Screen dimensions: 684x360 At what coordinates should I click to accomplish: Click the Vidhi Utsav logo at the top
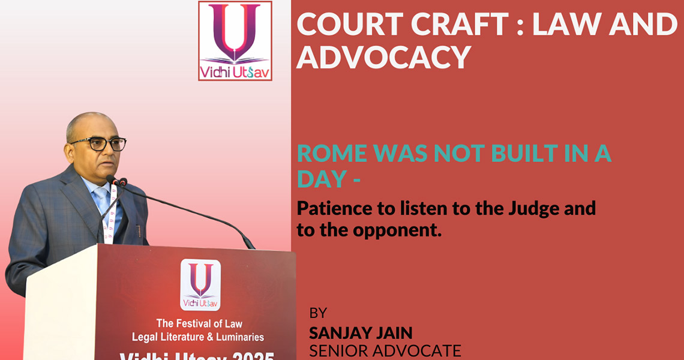pyautogui.click(x=235, y=41)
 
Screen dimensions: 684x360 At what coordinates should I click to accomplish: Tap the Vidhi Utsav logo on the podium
pyautogui.click(x=200, y=284)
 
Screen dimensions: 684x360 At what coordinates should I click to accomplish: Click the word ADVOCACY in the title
pyautogui.click(x=384, y=57)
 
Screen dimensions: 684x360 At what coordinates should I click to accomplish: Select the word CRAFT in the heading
pyautogui.click(x=460, y=24)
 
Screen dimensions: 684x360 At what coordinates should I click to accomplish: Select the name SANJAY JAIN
pyautogui.click(x=361, y=334)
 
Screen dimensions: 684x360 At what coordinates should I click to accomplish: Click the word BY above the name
pyautogui.click(x=318, y=313)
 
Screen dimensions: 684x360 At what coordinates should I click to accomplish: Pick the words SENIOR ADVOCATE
pyautogui.click(x=385, y=351)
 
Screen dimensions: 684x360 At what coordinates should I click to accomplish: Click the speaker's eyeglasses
pyautogui.click(x=100, y=144)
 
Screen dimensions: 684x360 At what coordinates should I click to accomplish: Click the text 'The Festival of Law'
pyautogui.click(x=199, y=323)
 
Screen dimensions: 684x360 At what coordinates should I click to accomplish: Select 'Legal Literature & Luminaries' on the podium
pyautogui.click(x=198, y=337)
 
